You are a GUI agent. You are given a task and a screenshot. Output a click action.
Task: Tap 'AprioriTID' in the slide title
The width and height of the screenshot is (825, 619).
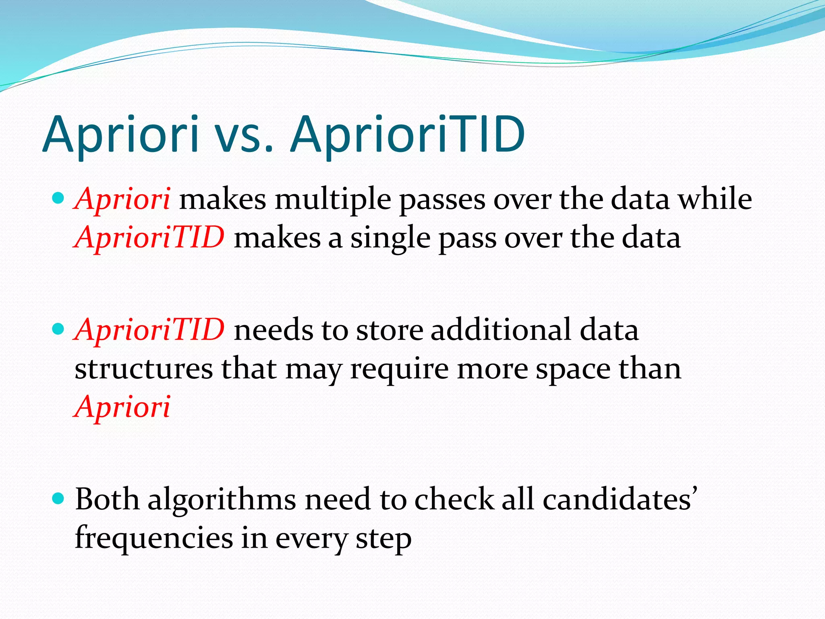pyautogui.click(x=408, y=135)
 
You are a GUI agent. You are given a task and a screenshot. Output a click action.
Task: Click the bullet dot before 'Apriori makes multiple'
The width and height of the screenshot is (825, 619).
pyautogui.click(x=59, y=198)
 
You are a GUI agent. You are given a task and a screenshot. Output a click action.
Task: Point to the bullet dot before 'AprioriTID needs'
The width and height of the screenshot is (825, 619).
pyautogui.click(x=59, y=329)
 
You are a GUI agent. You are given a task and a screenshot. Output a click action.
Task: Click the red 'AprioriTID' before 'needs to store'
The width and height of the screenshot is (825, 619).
pyautogui.click(x=149, y=329)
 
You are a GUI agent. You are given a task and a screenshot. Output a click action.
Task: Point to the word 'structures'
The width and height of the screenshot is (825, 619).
pyautogui.click(x=143, y=368)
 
